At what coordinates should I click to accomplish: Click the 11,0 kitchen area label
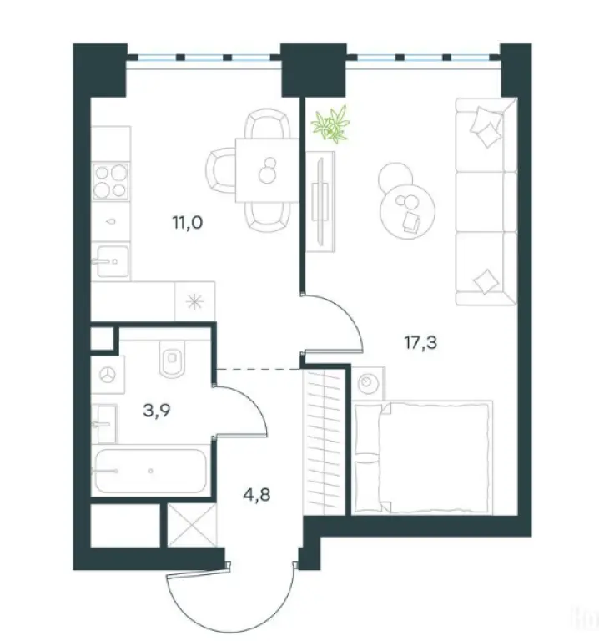click(187, 222)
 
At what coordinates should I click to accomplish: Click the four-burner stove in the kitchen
click(110, 182)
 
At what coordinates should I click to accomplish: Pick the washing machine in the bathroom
click(108, 376)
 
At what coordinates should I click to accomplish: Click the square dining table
click(264, 170)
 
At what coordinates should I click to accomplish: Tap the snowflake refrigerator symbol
click(194, 300)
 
